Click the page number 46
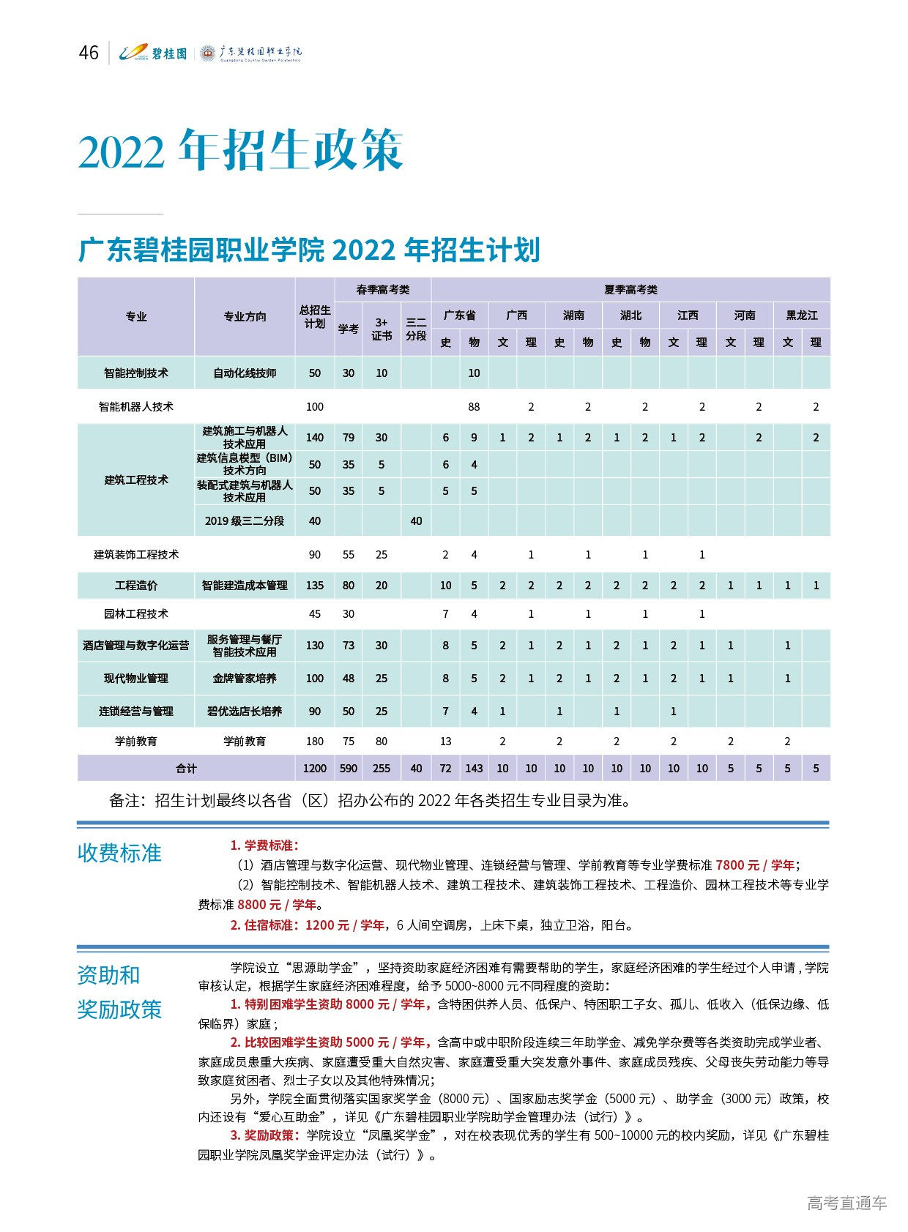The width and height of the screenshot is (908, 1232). [89, 53]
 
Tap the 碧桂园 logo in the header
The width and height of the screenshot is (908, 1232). [154, 53]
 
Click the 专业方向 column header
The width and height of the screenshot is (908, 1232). [245, 316]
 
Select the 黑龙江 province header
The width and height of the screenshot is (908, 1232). [802, 315]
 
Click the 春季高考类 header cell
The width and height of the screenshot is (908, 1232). [382, 290]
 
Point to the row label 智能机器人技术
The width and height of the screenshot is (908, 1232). [136, 406]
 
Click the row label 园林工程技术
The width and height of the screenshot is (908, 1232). [136, 613]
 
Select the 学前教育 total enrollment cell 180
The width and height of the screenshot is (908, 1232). [315, 741]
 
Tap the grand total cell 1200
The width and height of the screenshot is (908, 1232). [315, 768]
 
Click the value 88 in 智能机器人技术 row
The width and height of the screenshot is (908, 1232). [474, 406]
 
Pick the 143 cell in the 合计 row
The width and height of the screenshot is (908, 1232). [474, 768]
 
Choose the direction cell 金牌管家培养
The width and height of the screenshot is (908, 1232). [245, 679]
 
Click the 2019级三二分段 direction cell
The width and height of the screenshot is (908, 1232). [245, 520]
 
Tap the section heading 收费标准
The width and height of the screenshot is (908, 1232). [119, 853]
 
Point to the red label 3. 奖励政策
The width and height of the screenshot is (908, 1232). [264, 1135]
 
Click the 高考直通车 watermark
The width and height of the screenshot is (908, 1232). [846, 1203]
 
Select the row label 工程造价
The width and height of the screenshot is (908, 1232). [136, 585]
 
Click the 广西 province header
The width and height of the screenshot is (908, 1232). [517, 315]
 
